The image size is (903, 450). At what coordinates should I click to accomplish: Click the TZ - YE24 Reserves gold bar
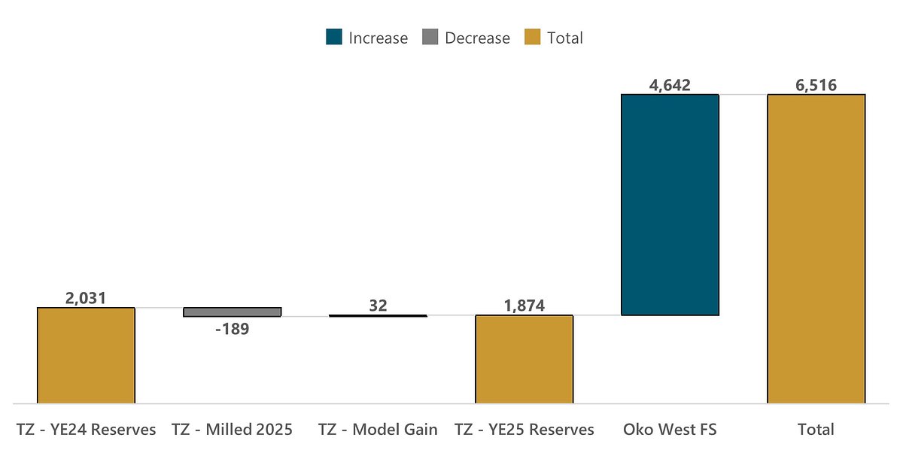click(86, 355)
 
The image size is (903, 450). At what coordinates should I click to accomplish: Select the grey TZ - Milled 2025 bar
click(233, 312)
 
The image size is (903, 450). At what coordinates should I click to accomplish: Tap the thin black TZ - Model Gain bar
click(378, 316)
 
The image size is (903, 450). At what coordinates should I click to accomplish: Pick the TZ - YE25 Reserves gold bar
click(524, 359)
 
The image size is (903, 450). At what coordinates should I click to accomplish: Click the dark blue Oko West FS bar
click(670, 204)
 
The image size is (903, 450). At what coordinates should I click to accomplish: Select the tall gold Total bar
click(816, 248)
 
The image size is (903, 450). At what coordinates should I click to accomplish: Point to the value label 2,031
click(86, 298)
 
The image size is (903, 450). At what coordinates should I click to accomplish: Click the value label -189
click(232, 329)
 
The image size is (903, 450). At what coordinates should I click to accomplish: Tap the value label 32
click(378, 306)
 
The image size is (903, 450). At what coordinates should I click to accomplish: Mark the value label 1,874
click(524, 306)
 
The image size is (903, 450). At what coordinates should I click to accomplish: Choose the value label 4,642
click(670, 84)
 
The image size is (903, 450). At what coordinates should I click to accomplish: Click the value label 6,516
click(816, 84)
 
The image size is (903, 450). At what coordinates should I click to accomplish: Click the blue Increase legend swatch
click(334, 38)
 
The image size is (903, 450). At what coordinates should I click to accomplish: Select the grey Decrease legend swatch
click(430, 38)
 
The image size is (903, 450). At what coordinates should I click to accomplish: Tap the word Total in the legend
click(565, 38)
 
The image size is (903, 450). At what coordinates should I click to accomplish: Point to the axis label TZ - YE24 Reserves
click(86, 430)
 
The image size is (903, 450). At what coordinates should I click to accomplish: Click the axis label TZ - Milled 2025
click(232, 430)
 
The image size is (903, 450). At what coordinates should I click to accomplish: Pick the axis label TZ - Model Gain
click(378, 430)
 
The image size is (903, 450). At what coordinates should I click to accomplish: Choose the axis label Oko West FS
click(670, 430)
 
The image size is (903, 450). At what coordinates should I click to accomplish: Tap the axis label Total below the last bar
click(816, 430)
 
